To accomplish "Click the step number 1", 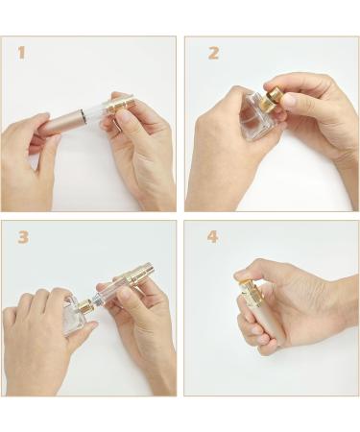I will coord(21,52).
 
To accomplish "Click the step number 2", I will coord(213,53).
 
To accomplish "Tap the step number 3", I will coord(22,237).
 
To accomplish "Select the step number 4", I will coord(213,237).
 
